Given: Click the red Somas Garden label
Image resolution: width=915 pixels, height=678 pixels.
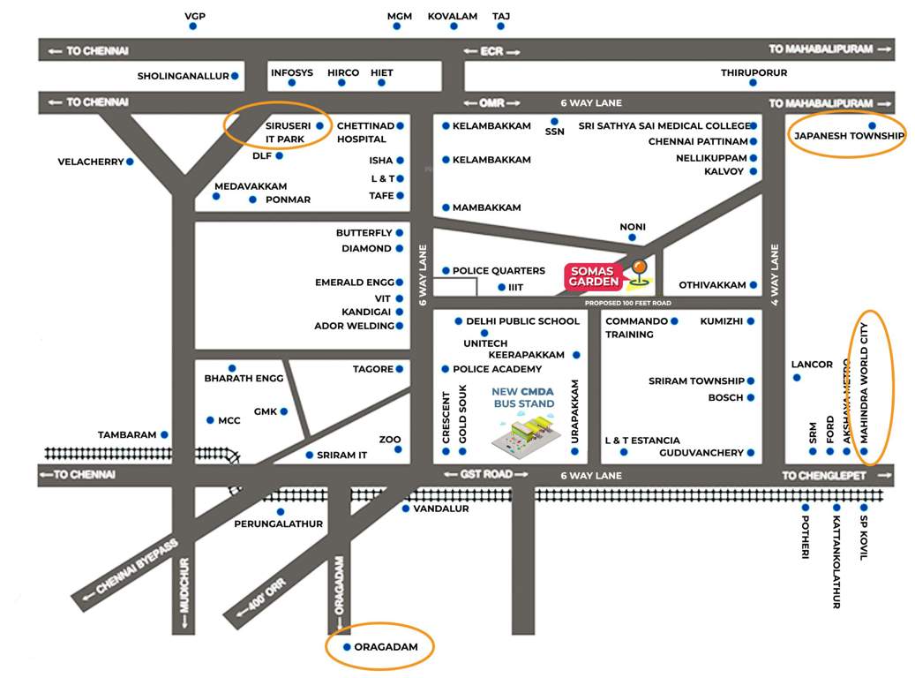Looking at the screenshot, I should (x=595, y=276).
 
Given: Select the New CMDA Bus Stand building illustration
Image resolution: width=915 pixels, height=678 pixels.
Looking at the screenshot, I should (x=528, y=433).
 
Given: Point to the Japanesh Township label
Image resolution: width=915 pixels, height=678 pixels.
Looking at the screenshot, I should (x=849, y=136).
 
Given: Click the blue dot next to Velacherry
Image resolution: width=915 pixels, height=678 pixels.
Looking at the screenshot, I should (x=130, y=162).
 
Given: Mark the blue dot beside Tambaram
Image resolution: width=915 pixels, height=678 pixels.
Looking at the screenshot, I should (x=164, y=435).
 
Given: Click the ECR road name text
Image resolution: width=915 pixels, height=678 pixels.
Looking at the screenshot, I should (x=491, y=51).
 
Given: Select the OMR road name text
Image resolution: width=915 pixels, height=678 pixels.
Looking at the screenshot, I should (x=492, y=102).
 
